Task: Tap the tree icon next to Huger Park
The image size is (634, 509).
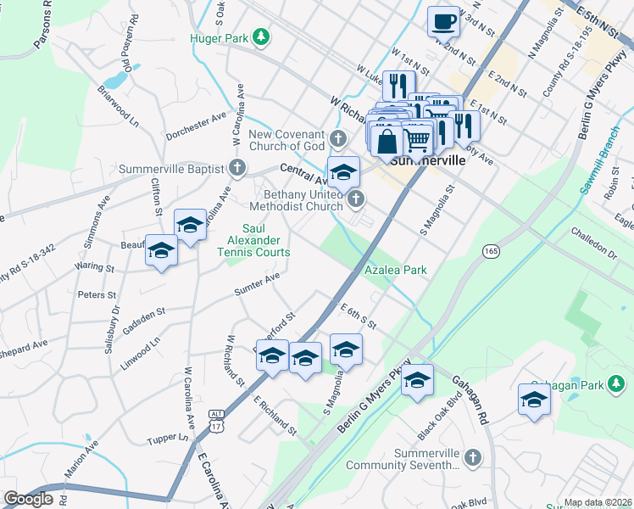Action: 263,36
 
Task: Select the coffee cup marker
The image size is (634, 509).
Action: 443,20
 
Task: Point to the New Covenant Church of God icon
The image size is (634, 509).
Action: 339,138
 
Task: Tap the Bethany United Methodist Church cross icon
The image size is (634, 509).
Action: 357,200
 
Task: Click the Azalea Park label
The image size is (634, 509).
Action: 394,270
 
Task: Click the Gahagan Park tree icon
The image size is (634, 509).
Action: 618,386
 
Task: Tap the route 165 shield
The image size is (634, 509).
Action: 491,251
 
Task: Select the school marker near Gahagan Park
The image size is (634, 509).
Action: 534,398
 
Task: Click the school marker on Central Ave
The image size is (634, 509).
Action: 343,171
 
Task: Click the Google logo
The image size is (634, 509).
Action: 28,498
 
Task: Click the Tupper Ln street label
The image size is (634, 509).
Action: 166,439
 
